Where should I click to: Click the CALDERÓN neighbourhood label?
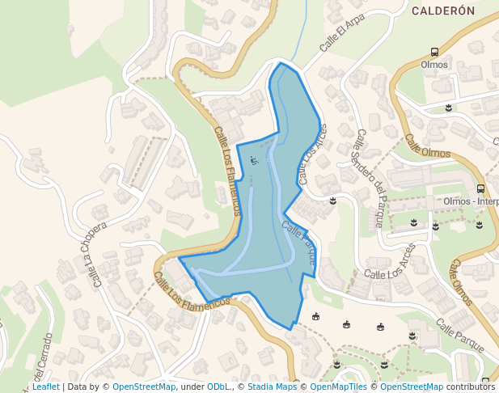442,11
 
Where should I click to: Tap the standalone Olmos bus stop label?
434,65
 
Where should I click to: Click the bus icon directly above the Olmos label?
434,52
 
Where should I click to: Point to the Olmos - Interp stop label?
471,201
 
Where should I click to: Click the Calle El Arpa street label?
337,33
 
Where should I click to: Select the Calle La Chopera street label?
95,255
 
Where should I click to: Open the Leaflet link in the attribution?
45,387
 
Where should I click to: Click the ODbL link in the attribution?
218,387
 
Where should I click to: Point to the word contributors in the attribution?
470,387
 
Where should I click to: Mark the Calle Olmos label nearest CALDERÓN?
428,146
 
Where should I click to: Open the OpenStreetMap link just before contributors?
412,387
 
